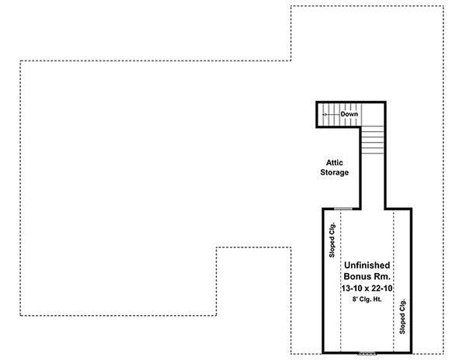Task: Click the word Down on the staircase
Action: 349,115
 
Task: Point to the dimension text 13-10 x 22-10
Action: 367,288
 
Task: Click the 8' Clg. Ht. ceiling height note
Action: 367,299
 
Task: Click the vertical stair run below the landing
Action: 374,143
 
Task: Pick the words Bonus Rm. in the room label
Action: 367,276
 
